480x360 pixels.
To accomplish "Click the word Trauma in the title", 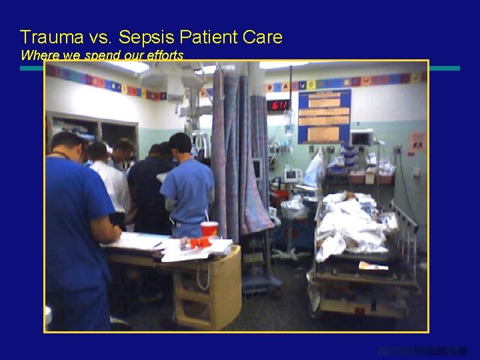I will (x=49, y=37).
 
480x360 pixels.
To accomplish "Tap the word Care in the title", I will (x=263, y=37).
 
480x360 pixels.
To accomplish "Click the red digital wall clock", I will (x=278, y=105).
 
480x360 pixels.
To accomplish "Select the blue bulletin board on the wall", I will (x=324, y=116).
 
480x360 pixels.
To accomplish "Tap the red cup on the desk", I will (x=209, y=229).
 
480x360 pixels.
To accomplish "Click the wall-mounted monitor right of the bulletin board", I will (x=362, y=138).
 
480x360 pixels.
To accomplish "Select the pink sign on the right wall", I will (x=417, y=141).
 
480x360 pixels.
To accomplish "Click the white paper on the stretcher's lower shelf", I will (x=373, y=266).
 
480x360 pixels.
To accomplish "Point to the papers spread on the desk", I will (x=167, y=245).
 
